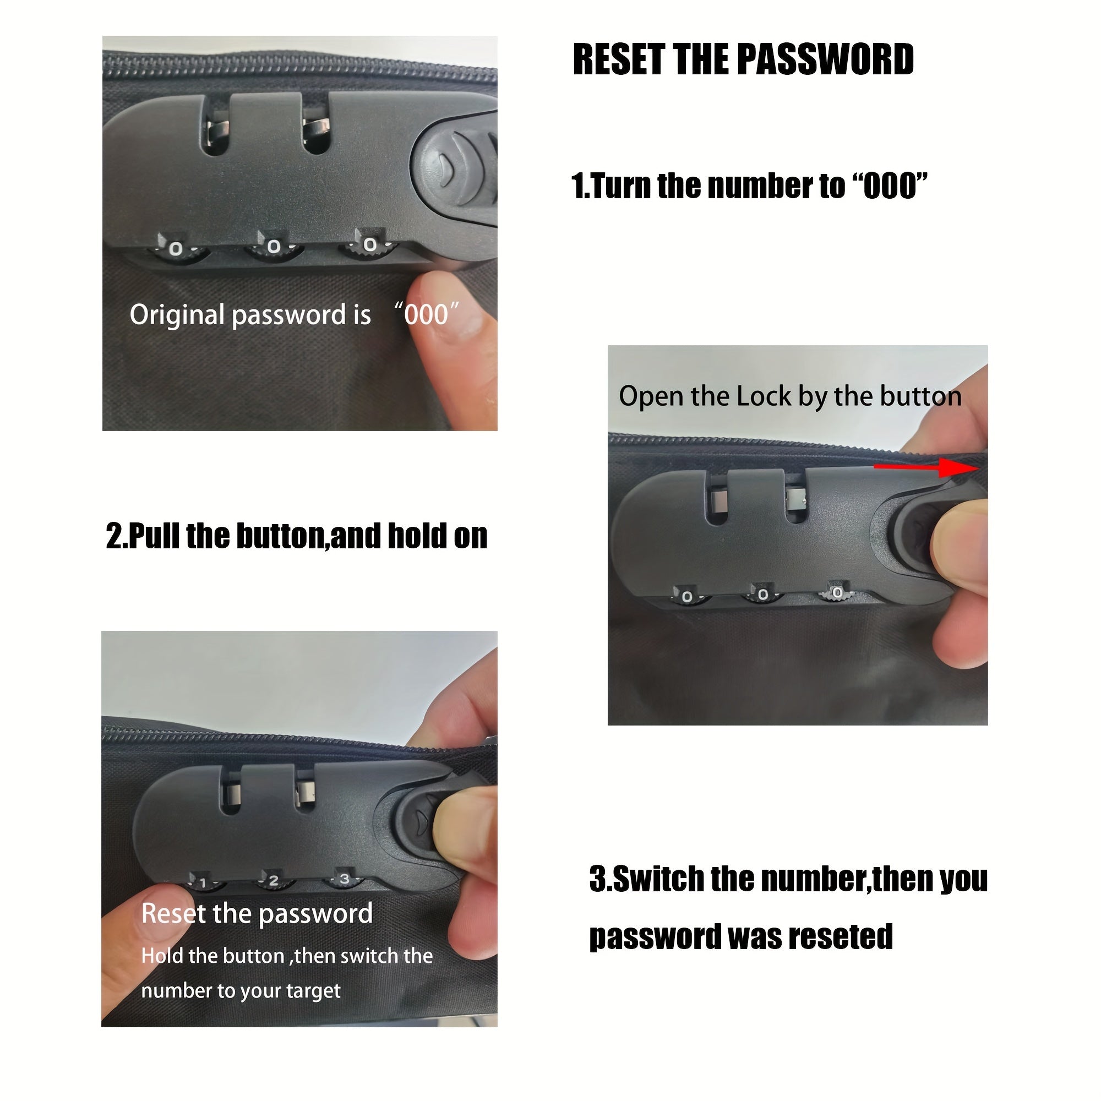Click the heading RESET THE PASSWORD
click(743, 59)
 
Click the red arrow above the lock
click(927, 467)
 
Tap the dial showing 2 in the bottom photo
click(274, 880)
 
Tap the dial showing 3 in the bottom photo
click(344, 879)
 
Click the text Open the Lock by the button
click(790, 396)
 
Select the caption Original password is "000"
click(294, 314)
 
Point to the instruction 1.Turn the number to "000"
click(749, 186)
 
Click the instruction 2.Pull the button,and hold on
click(296, 536)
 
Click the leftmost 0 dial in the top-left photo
click(177, 248)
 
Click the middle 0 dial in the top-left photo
click(274, 247)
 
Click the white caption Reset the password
click(257, 913)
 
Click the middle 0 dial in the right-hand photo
click(762, 595)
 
